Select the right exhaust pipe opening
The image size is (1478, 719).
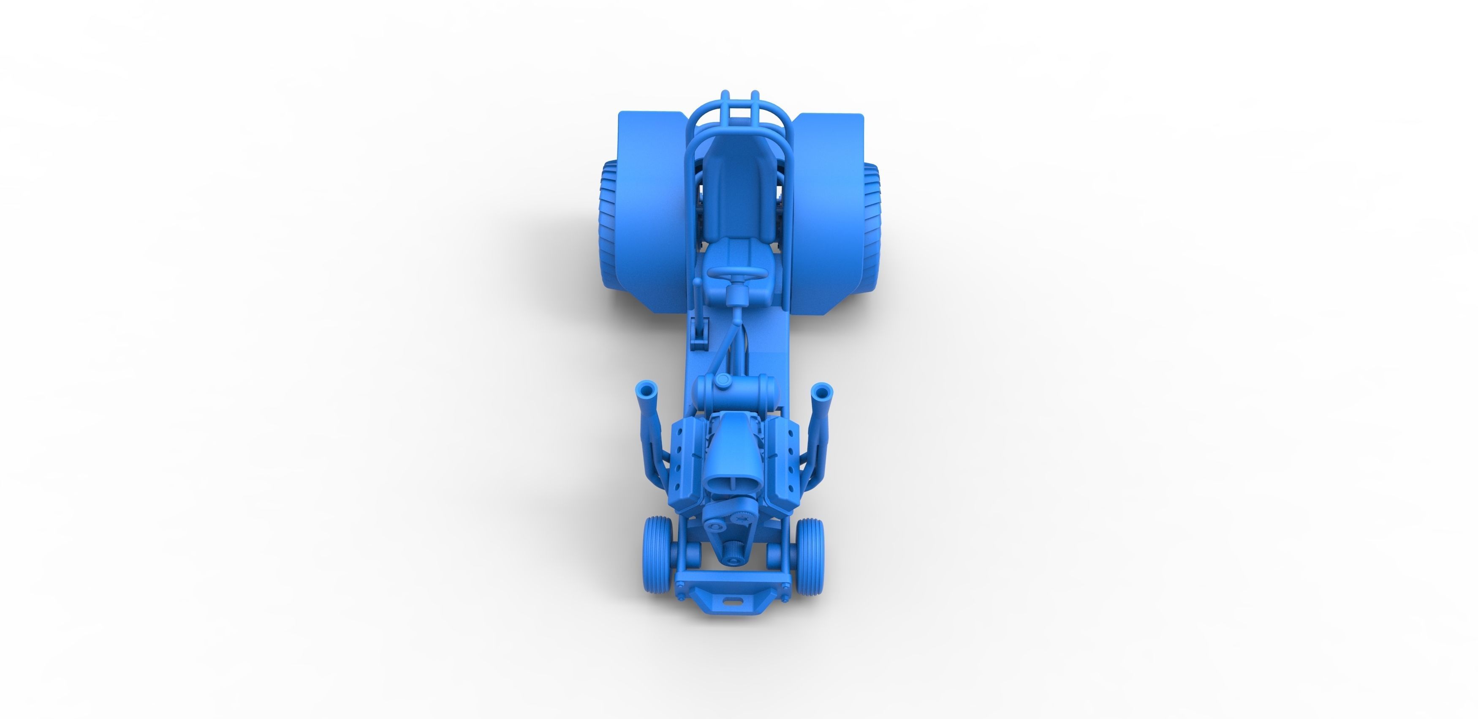pos(822,393)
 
